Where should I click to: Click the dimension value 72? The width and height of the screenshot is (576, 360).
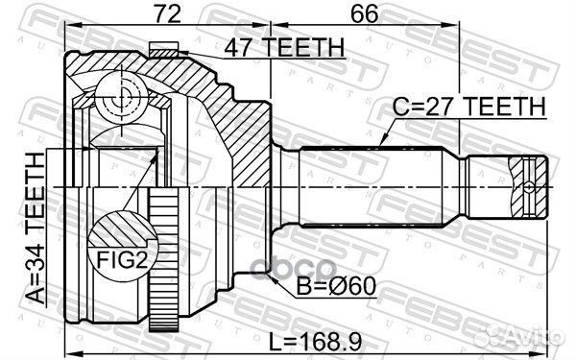[167, 13]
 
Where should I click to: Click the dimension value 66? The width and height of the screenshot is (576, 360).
[364, 13]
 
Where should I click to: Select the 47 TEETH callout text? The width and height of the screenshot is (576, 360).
[284, 47]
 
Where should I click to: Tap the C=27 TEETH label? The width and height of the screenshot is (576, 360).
[469, 107]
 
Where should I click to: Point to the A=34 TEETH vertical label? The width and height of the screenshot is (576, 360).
[36, 228]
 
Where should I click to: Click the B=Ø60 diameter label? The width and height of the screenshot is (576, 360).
[336, 286]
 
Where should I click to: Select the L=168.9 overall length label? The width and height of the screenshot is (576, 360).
[316, 342]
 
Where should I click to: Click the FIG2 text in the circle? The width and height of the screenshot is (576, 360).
[122, 259]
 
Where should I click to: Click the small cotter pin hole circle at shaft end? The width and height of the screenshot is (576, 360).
[528, 187]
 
